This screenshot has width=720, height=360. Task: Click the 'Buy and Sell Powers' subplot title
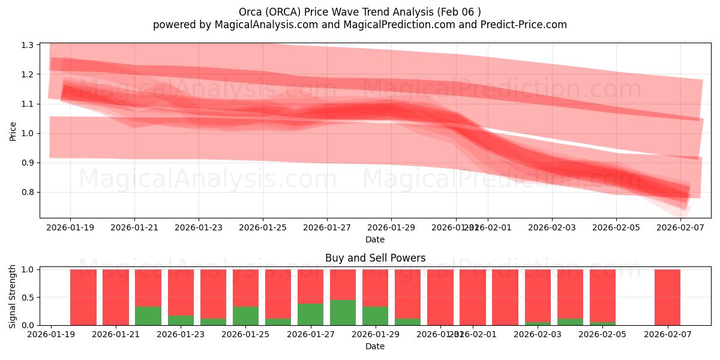[375, 258]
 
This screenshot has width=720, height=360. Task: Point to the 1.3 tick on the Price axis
[28, 45]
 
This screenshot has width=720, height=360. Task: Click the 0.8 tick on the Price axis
[28, 192]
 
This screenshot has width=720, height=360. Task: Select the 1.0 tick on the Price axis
[28, 133]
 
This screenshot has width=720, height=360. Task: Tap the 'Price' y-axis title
[13, 131]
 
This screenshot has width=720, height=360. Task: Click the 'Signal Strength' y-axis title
[13, 296]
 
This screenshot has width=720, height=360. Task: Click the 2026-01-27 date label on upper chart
[327, 227]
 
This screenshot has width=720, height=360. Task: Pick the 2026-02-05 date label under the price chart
[616, 227]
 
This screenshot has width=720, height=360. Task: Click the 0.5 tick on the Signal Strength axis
[28, 298]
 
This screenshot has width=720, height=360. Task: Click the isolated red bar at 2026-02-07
[667, 297]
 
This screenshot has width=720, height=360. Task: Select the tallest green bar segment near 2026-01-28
[343, 313]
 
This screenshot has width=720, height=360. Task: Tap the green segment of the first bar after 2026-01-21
[148, 316]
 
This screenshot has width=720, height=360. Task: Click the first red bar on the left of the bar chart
[83, 297]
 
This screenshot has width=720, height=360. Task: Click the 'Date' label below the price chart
[375, 239]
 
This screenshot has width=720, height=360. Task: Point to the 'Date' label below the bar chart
[375, 346]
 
